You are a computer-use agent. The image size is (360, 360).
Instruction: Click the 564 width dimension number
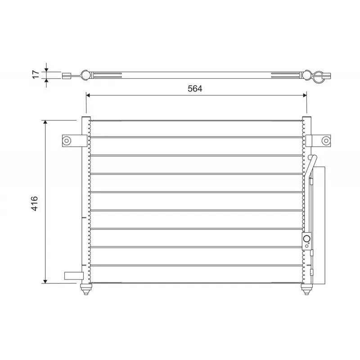tap(195, 89)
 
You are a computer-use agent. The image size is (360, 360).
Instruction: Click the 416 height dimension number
tap(35, 203)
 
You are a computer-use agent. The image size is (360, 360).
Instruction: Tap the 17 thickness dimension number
tap(35, 75)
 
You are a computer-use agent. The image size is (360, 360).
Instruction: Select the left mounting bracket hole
tap(67, 141)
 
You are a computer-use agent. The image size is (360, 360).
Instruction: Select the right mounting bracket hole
tap(325, 141)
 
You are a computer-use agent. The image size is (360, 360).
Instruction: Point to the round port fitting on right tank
tap(307, 239)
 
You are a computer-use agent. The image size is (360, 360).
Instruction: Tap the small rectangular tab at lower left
tap(72, 276)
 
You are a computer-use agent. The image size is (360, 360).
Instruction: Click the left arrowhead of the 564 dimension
tap(88, 95)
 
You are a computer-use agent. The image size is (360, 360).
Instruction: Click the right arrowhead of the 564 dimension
tap(304, 95)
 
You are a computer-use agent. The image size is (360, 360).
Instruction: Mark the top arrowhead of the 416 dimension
tap(45, 123)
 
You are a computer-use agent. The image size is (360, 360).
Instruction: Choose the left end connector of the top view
tap(67, 76)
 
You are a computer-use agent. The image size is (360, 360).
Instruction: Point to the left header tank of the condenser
tap(85, 202)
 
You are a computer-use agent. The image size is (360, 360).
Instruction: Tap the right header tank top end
tap(306, 120)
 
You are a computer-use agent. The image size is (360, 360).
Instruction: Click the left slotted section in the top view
tap(107, 75)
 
